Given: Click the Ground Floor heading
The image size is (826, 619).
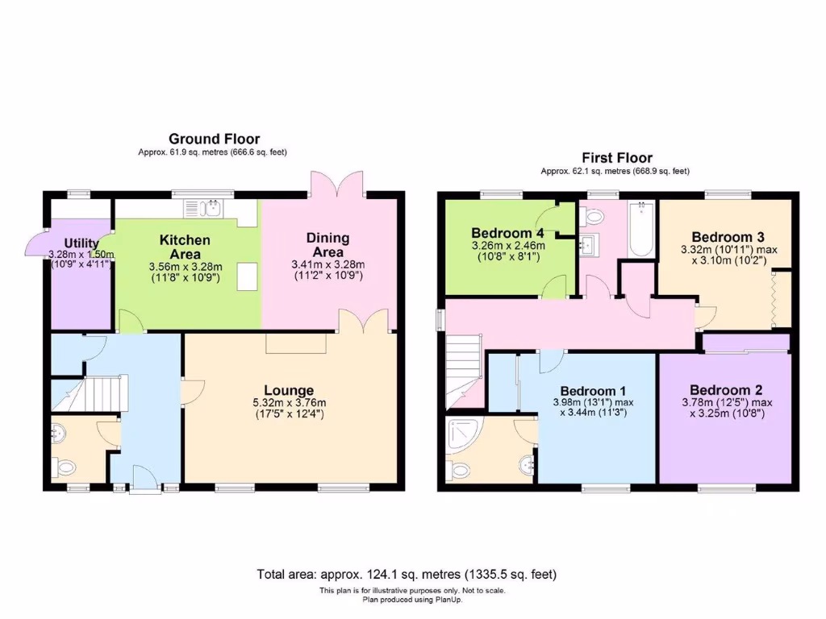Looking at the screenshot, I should click(214, 139).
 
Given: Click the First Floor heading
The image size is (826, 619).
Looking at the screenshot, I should click(617, 158).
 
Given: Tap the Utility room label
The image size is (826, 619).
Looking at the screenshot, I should click(81, 243).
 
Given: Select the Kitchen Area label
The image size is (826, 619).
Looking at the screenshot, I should click(185, 247).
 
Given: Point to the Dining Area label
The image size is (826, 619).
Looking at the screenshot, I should click(327, 244).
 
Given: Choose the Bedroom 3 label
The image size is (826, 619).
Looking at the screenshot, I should click(728, 237).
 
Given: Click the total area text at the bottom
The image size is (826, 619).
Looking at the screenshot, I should click(407, 575).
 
